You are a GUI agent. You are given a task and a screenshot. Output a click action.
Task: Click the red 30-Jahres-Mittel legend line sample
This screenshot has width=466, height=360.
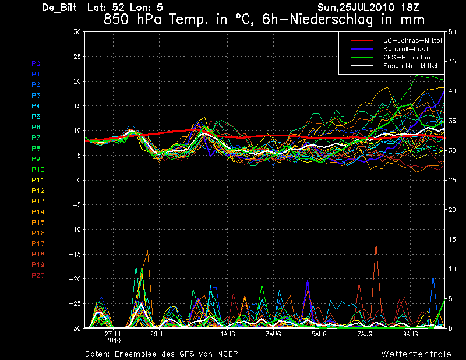coord(362,40)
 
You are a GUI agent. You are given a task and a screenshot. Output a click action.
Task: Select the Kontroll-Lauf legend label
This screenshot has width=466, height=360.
coord(405,49)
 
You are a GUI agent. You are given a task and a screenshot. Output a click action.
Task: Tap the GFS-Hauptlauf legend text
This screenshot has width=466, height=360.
coord(408,57)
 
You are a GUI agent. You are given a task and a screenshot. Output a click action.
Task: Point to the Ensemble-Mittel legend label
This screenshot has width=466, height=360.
coord(410,66)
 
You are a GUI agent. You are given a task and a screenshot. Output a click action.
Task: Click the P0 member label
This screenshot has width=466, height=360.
coord(36,63)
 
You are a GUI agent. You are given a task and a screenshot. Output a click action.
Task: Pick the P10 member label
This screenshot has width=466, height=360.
coord(38,170)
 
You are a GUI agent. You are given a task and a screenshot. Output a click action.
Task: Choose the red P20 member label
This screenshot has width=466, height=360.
coord(38,276)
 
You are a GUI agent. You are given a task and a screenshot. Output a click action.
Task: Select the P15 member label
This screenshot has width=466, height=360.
coord(38,223)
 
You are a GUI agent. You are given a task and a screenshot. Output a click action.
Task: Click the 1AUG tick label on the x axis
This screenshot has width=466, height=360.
coord(228,334)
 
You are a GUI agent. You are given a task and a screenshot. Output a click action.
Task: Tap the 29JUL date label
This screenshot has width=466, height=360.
coord(159,334)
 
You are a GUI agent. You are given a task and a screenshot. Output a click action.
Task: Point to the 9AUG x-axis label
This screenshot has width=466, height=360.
coord(411,334)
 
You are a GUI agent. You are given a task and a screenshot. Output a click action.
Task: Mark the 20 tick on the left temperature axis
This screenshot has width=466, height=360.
coord(77,81)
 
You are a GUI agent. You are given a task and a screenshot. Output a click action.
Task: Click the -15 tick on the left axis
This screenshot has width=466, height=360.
coord(75,254)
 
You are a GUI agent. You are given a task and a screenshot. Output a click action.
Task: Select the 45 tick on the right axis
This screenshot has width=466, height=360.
coord(452,62)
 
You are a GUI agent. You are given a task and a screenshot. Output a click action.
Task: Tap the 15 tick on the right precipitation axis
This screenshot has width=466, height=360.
coord(452,239)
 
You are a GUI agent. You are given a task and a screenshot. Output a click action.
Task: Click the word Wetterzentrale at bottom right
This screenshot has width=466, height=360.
coord(416,354)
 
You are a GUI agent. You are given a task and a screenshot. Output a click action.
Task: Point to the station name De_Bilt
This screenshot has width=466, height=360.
coord(59,8)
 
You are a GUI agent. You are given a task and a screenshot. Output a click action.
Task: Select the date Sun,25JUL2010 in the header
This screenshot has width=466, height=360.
coord(356,8)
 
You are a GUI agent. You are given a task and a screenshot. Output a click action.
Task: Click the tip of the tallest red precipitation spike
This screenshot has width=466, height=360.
coord(376,242)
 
